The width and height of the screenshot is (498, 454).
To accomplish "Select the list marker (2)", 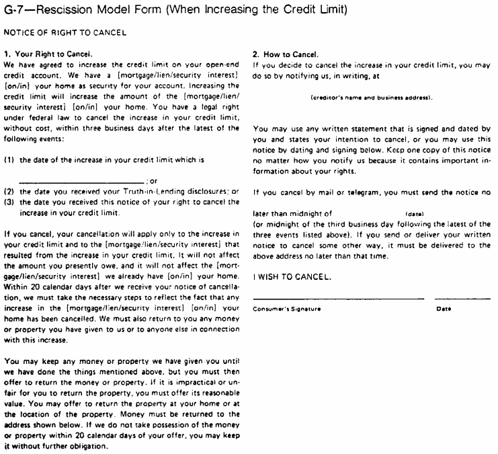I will [9, 192].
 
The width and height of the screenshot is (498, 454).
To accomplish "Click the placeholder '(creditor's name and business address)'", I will [372, 98].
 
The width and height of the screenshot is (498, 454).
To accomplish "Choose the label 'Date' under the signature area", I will [444, 309].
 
